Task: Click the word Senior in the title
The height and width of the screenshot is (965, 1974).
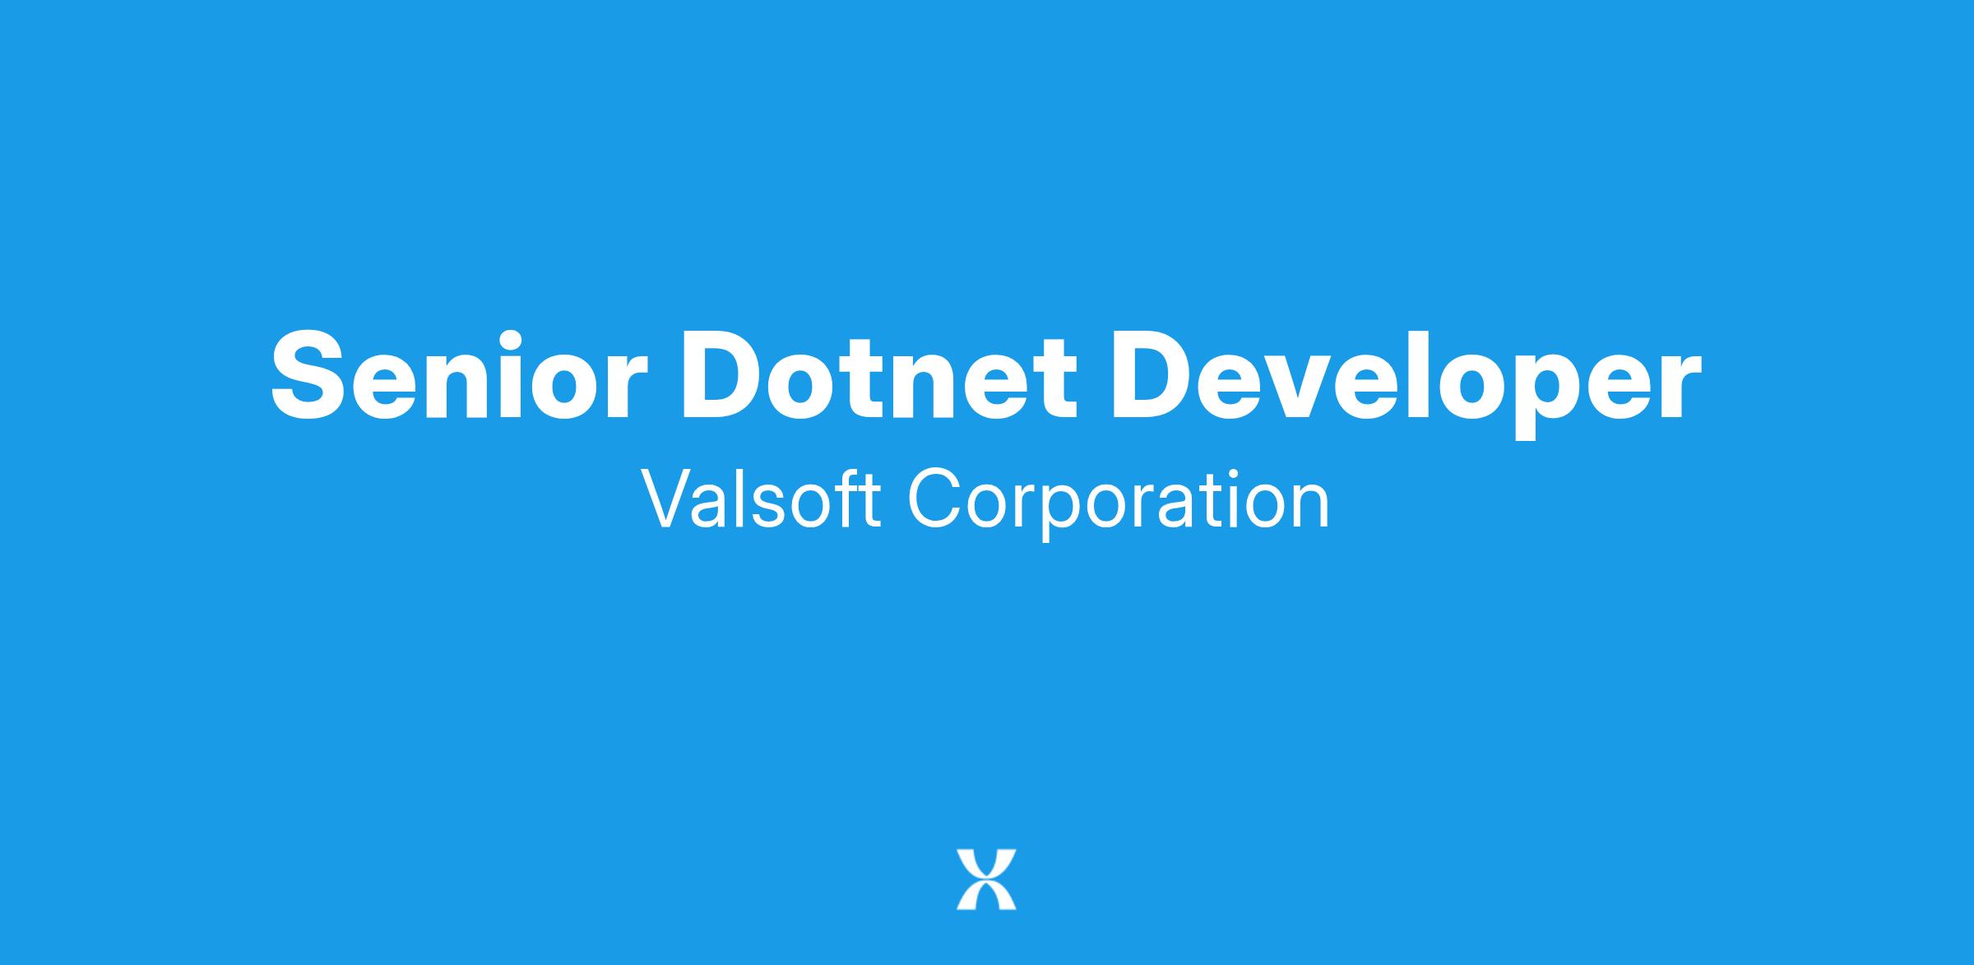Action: click(x=455, y=374)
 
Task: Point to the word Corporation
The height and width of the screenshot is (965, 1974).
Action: click(x=1118, y=504)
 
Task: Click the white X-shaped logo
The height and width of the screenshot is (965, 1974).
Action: click(x=986, y=879)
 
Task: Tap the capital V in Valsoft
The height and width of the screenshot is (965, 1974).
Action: click(x=670, y=499)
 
